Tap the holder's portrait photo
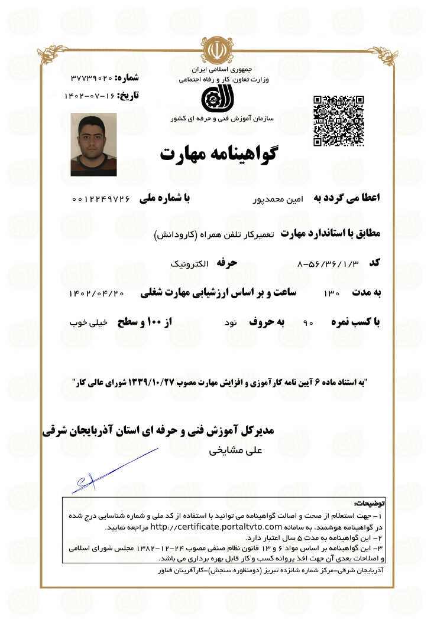[x=93, y=144]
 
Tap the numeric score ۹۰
[x=308, y=324]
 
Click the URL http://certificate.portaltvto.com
[x=215, y=526]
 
